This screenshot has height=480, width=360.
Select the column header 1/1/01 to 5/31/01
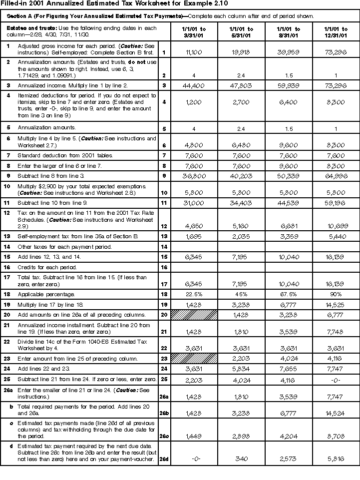[242, 32]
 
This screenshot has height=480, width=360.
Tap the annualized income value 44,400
[193, 86]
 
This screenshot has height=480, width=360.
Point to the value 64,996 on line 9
[335, 176]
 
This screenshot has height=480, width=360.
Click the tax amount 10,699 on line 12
[335, 226]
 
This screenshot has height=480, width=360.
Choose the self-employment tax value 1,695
[193, 237]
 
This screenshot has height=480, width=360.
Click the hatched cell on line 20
[194, 315]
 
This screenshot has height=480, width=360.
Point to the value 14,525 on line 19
[335, 304]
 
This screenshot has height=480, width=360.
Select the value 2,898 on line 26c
[242, 436]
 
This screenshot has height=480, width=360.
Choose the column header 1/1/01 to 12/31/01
[335, 32]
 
